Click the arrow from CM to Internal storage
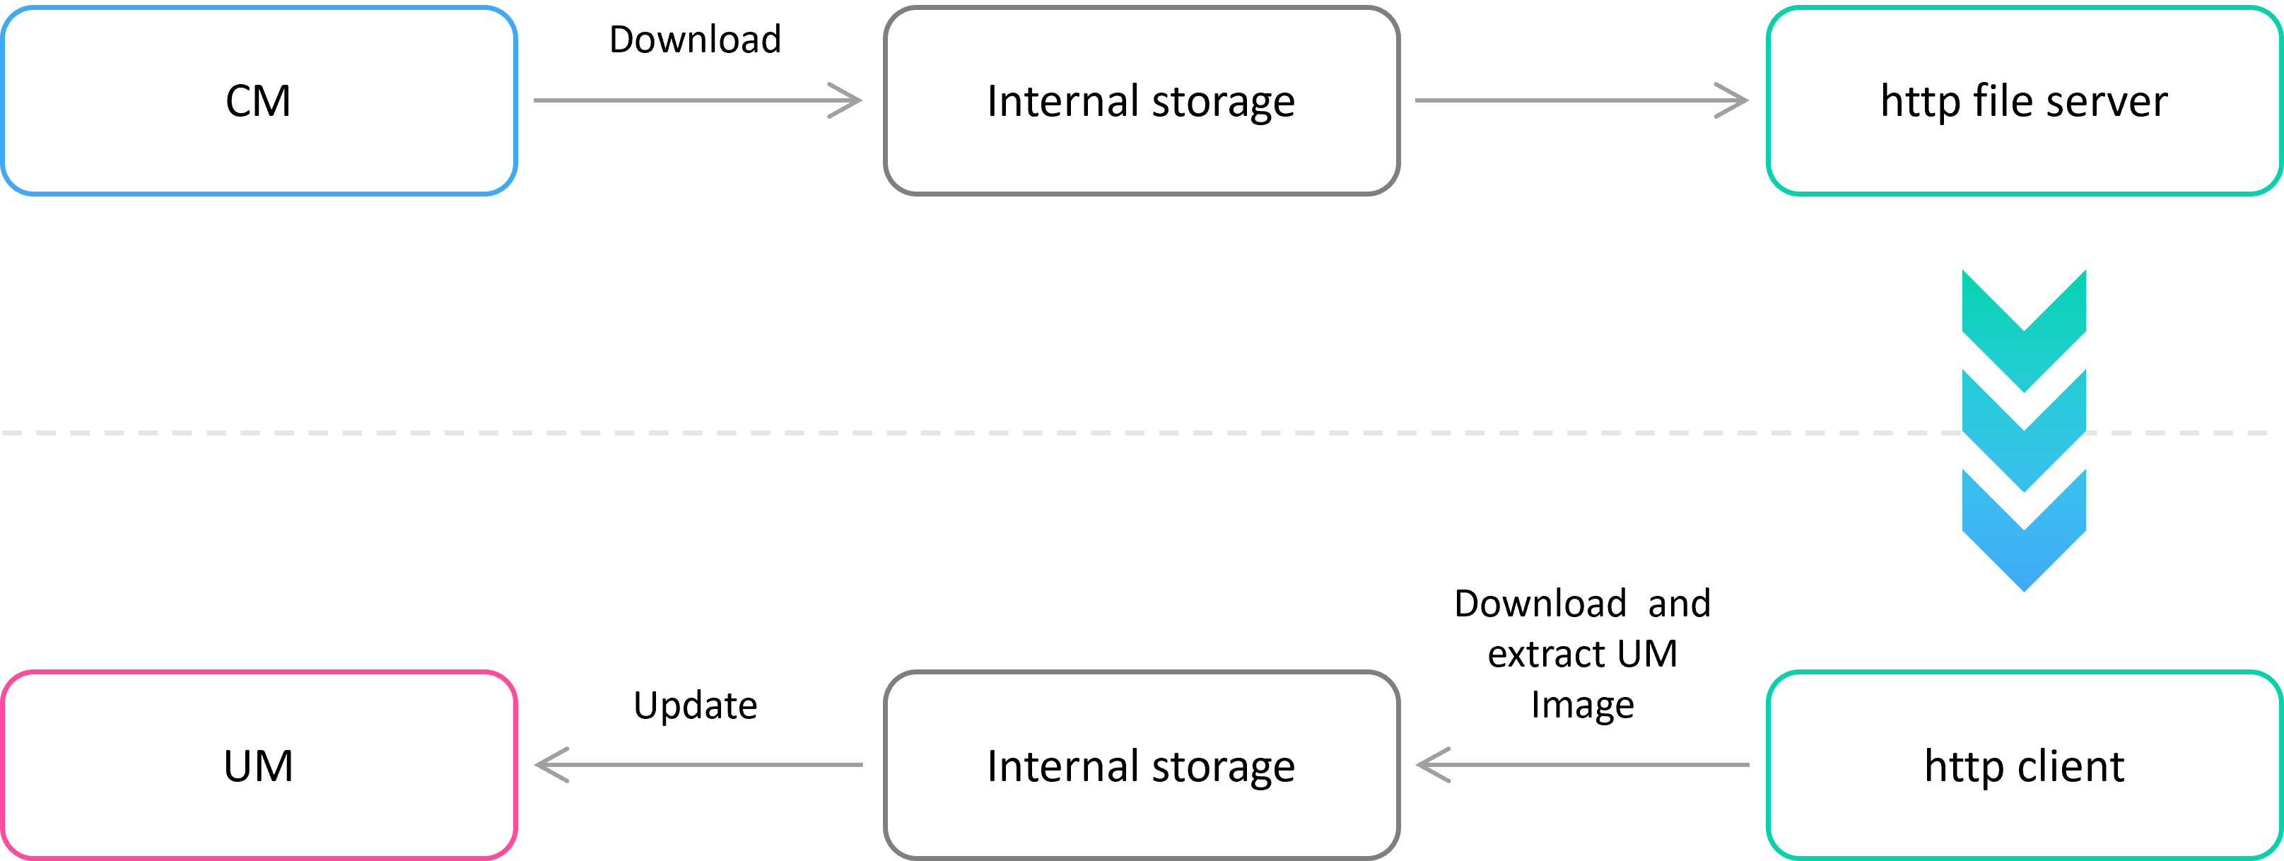pyautogui.click(x=698, y=100)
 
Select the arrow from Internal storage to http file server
pyautogui.click(x=1581, y=100)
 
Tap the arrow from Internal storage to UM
pyautogui.click(x=698, y=764)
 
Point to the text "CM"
pyautogui.click(x=258, y=101)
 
